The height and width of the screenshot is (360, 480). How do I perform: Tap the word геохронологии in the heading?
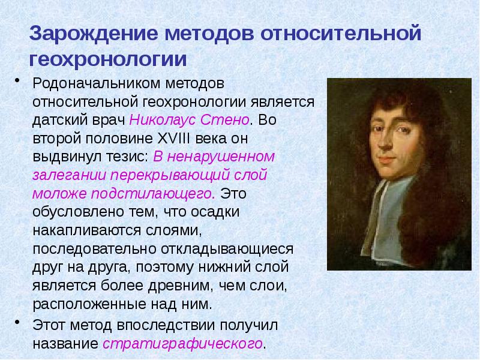(x=108, y=59)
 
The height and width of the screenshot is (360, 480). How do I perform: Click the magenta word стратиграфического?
(x=182, y=344)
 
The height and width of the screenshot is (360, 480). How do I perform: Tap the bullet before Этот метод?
(x=18, y=325)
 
